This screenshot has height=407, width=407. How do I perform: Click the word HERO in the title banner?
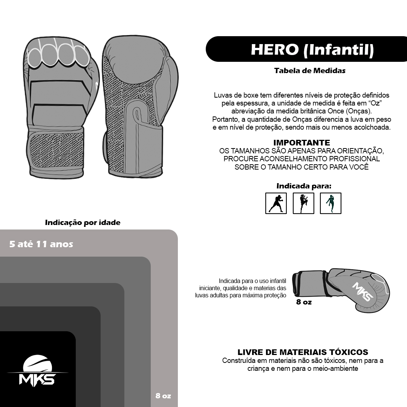coord(275,49)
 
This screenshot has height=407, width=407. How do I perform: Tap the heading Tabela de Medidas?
coord(310,70)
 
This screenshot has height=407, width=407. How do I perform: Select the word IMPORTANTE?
coord(301,142)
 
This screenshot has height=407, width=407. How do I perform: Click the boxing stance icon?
coord(276,203)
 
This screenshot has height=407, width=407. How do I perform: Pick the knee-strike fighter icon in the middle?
coord(303,203)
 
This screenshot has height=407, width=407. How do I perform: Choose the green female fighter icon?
coord(330,203)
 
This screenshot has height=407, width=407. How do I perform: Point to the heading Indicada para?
coord(304,186)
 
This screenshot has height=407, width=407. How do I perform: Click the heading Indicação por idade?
coord(83,222)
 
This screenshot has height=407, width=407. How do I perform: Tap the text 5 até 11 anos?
coord(41,244)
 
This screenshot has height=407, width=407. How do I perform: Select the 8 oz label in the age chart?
coord(163,396)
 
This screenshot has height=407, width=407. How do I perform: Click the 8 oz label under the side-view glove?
coord(304,302)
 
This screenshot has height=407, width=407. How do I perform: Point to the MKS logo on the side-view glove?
coord(363,291)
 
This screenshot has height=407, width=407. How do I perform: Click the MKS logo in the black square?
coord(37,371)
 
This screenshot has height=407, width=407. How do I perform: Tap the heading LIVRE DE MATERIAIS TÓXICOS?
coord(303,352)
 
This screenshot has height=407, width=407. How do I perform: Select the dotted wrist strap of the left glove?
coord(56,150)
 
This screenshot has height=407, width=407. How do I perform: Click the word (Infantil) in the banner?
coord(339,50)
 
